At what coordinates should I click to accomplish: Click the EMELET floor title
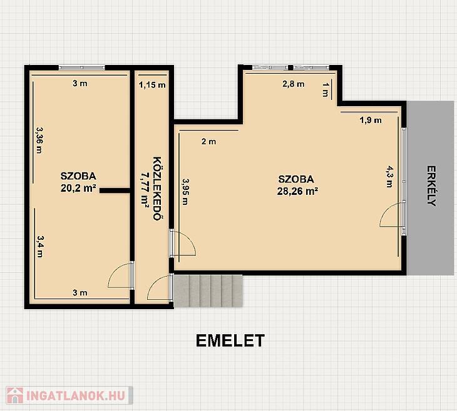[230, 340]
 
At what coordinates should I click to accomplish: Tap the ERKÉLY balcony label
[431, 186]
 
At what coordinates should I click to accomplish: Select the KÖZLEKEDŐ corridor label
[157, 189]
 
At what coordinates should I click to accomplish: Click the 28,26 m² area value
[297, 191]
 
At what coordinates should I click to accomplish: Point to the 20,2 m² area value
[78, 188]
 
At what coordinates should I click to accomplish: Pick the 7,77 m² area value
[145, 191]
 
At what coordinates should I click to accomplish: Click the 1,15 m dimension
[152, 85]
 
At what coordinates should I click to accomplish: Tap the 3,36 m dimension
[39, 140]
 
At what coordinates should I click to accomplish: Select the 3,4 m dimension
[40, 246]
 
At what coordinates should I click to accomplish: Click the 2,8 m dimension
[294, 84]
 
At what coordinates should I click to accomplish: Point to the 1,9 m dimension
[371, 120]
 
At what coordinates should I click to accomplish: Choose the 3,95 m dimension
[185, 191]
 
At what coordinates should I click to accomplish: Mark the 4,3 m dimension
[389, 177]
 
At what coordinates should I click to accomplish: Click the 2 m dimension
[208, 142]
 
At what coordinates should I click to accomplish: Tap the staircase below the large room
[208, 291]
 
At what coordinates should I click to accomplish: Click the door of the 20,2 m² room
[121, 275]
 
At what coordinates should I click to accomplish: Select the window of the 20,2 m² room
[81, 67]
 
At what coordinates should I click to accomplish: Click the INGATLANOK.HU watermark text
[76, 395]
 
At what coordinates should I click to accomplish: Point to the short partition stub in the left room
[115, 191]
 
